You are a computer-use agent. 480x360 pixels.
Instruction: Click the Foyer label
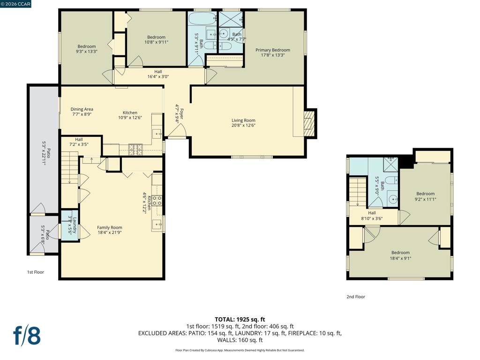point(179,113)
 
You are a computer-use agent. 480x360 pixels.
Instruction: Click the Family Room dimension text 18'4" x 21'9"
point(110,232)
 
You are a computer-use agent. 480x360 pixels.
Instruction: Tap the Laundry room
point(70,225)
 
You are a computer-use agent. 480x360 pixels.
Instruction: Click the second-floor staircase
point(358,192)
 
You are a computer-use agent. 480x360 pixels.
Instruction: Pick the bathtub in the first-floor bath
point(202,19)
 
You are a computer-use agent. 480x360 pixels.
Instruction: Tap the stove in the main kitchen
point(135,149)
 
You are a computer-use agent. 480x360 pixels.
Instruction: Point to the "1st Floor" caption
point(36,272)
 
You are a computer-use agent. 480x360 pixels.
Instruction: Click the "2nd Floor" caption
point(356,297)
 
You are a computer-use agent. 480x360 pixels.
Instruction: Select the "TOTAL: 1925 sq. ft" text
point(240,320)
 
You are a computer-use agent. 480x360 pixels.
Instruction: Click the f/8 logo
point(27,336)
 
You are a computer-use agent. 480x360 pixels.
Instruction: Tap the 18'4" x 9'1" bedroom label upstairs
point(400,255)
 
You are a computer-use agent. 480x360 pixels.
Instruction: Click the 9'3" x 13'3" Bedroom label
point(87,49)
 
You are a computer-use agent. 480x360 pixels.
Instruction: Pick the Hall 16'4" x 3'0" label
point(158,74)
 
